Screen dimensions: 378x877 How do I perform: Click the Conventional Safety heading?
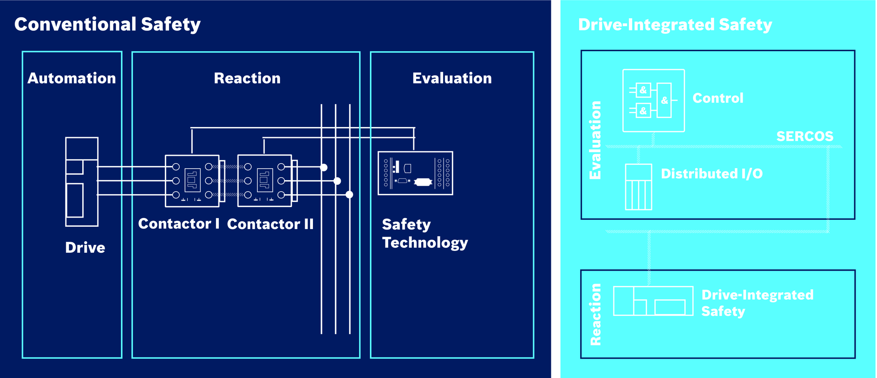(x=107, y=24)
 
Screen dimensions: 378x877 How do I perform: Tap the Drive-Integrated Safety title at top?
(x=675, y=25)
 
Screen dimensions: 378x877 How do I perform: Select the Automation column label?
(x=72, y=78)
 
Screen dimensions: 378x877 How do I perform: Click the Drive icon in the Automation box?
(x=82, y=181)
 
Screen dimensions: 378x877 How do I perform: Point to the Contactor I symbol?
(x=192, y=181)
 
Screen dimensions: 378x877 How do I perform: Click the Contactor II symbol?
(x=265, y=181)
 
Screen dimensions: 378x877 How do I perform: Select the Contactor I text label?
(x=179, y=224)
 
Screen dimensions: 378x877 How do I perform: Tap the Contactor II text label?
(x=270, y=224)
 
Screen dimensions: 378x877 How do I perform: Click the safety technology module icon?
(x=415, y=173)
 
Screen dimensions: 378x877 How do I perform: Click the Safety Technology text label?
(x=425, y=233)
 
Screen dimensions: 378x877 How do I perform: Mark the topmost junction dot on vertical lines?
(x=323, y=167)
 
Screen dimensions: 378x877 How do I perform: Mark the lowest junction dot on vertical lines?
(x=349, y=195)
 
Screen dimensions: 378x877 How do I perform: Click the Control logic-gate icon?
(x=654, y=101)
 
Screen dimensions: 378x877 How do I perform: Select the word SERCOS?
(x=805, y=136)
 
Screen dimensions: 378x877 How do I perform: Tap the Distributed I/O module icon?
(x=638, y=187)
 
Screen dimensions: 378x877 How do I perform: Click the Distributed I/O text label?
(x=712, y=174)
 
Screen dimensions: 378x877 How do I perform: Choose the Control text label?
(x=718, y=98)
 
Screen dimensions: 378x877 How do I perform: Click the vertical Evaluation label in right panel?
(x=595, y=140)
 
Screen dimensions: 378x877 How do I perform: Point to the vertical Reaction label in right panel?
(x=595, y=314)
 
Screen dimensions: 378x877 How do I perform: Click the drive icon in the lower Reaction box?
(x=653, y=301)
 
